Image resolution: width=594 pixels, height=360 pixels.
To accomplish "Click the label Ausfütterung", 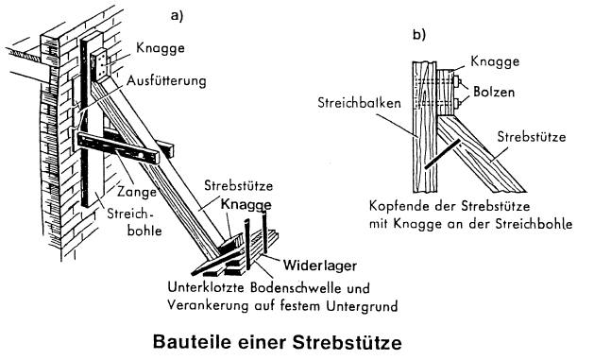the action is [x=166, y=81].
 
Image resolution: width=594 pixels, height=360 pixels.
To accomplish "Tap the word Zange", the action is [x=136, y=192].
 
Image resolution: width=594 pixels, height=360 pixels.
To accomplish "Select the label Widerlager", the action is [x=320, y=266].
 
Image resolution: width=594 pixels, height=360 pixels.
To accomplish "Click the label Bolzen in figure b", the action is [x=494, y=92].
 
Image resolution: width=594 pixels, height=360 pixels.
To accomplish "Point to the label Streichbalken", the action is [x=359, y=103].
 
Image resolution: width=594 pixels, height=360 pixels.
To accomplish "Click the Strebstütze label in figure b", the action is [x=532, y=137].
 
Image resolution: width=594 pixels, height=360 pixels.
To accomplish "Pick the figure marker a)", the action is [x=177, y=15].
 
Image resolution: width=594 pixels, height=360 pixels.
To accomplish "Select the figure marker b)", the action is [x=419, y=34].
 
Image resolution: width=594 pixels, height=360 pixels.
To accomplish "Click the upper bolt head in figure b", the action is [x=457, y=80].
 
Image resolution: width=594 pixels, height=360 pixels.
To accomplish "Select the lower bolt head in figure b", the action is [x=457, y=103].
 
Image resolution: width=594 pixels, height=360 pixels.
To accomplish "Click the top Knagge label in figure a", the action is [x=161, y=48].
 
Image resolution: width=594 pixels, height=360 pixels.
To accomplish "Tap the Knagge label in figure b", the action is [x=495, y=61].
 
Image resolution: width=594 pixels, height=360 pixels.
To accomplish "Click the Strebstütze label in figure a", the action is [x=238, y=186].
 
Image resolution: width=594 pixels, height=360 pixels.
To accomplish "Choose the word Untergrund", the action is [x=362, y=305].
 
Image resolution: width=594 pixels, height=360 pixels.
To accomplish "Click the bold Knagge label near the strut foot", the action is [x=246, y=205].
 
